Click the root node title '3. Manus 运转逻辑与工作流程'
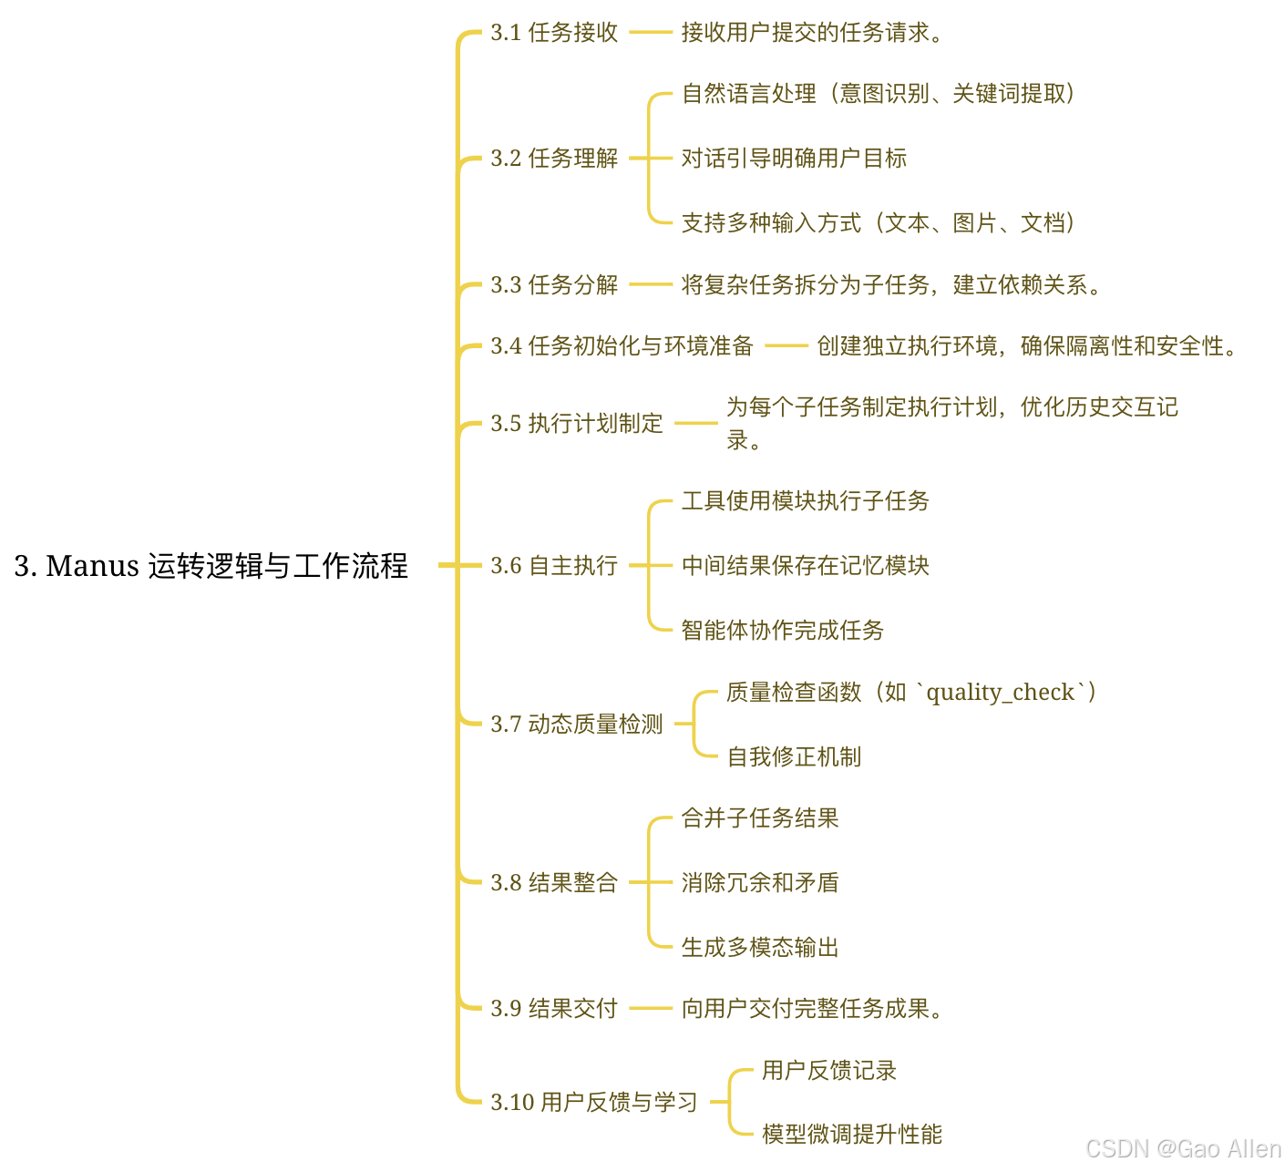[211, 566]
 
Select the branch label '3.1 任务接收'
[554, 33]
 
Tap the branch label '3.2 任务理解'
[554, 159]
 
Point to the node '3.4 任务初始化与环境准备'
[622, 346]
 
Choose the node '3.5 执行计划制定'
[577, 424]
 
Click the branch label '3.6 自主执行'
[554, 566]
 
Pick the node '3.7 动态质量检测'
[577, 725]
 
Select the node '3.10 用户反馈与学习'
[594, 1103]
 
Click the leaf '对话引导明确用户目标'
[794, 159]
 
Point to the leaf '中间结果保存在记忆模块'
[805, 566]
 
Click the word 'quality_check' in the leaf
[1000, 693]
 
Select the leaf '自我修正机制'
[793, 757]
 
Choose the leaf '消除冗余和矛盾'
[760, 883]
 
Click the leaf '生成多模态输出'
[760, 948]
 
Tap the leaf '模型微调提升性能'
[852, 1135]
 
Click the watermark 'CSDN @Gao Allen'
[1183, 1148]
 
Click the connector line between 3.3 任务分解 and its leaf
[650, 284]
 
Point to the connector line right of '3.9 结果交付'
[650, 1008]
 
